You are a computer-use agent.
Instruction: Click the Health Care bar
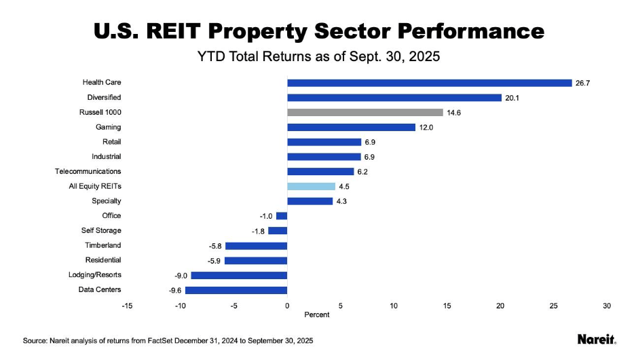(x=430, y=83)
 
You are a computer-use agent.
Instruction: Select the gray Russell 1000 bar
(x=365, y=113)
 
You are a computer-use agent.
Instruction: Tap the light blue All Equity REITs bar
(x=312, y=186)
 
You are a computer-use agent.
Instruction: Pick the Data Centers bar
(x=236, y=290)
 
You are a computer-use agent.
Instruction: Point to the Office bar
(x=282, y=216)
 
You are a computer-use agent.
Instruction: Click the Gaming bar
(x=352, y=128)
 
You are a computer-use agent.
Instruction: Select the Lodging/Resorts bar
(x=240, y=276)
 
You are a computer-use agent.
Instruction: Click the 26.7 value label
(x=582, y=83)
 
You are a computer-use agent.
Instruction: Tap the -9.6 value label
(x=175, y=291)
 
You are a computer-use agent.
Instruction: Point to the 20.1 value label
(x=512, y=98)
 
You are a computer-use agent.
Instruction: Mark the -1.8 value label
(x=258, y=232)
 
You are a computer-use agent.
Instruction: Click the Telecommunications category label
(x=88, y=171)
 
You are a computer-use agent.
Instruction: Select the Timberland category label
(x=103, y=245)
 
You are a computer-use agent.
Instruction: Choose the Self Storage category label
(x=101, y=230)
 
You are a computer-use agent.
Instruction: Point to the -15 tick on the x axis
(x=127, y=306)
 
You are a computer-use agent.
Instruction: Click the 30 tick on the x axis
(x=607, y=306)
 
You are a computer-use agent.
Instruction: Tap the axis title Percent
(x=317, y=315)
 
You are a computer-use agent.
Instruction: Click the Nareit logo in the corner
(x=597, y=340)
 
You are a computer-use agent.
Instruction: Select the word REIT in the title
(x=173, y=31)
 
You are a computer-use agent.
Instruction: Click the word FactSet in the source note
(x=160, y=341)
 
